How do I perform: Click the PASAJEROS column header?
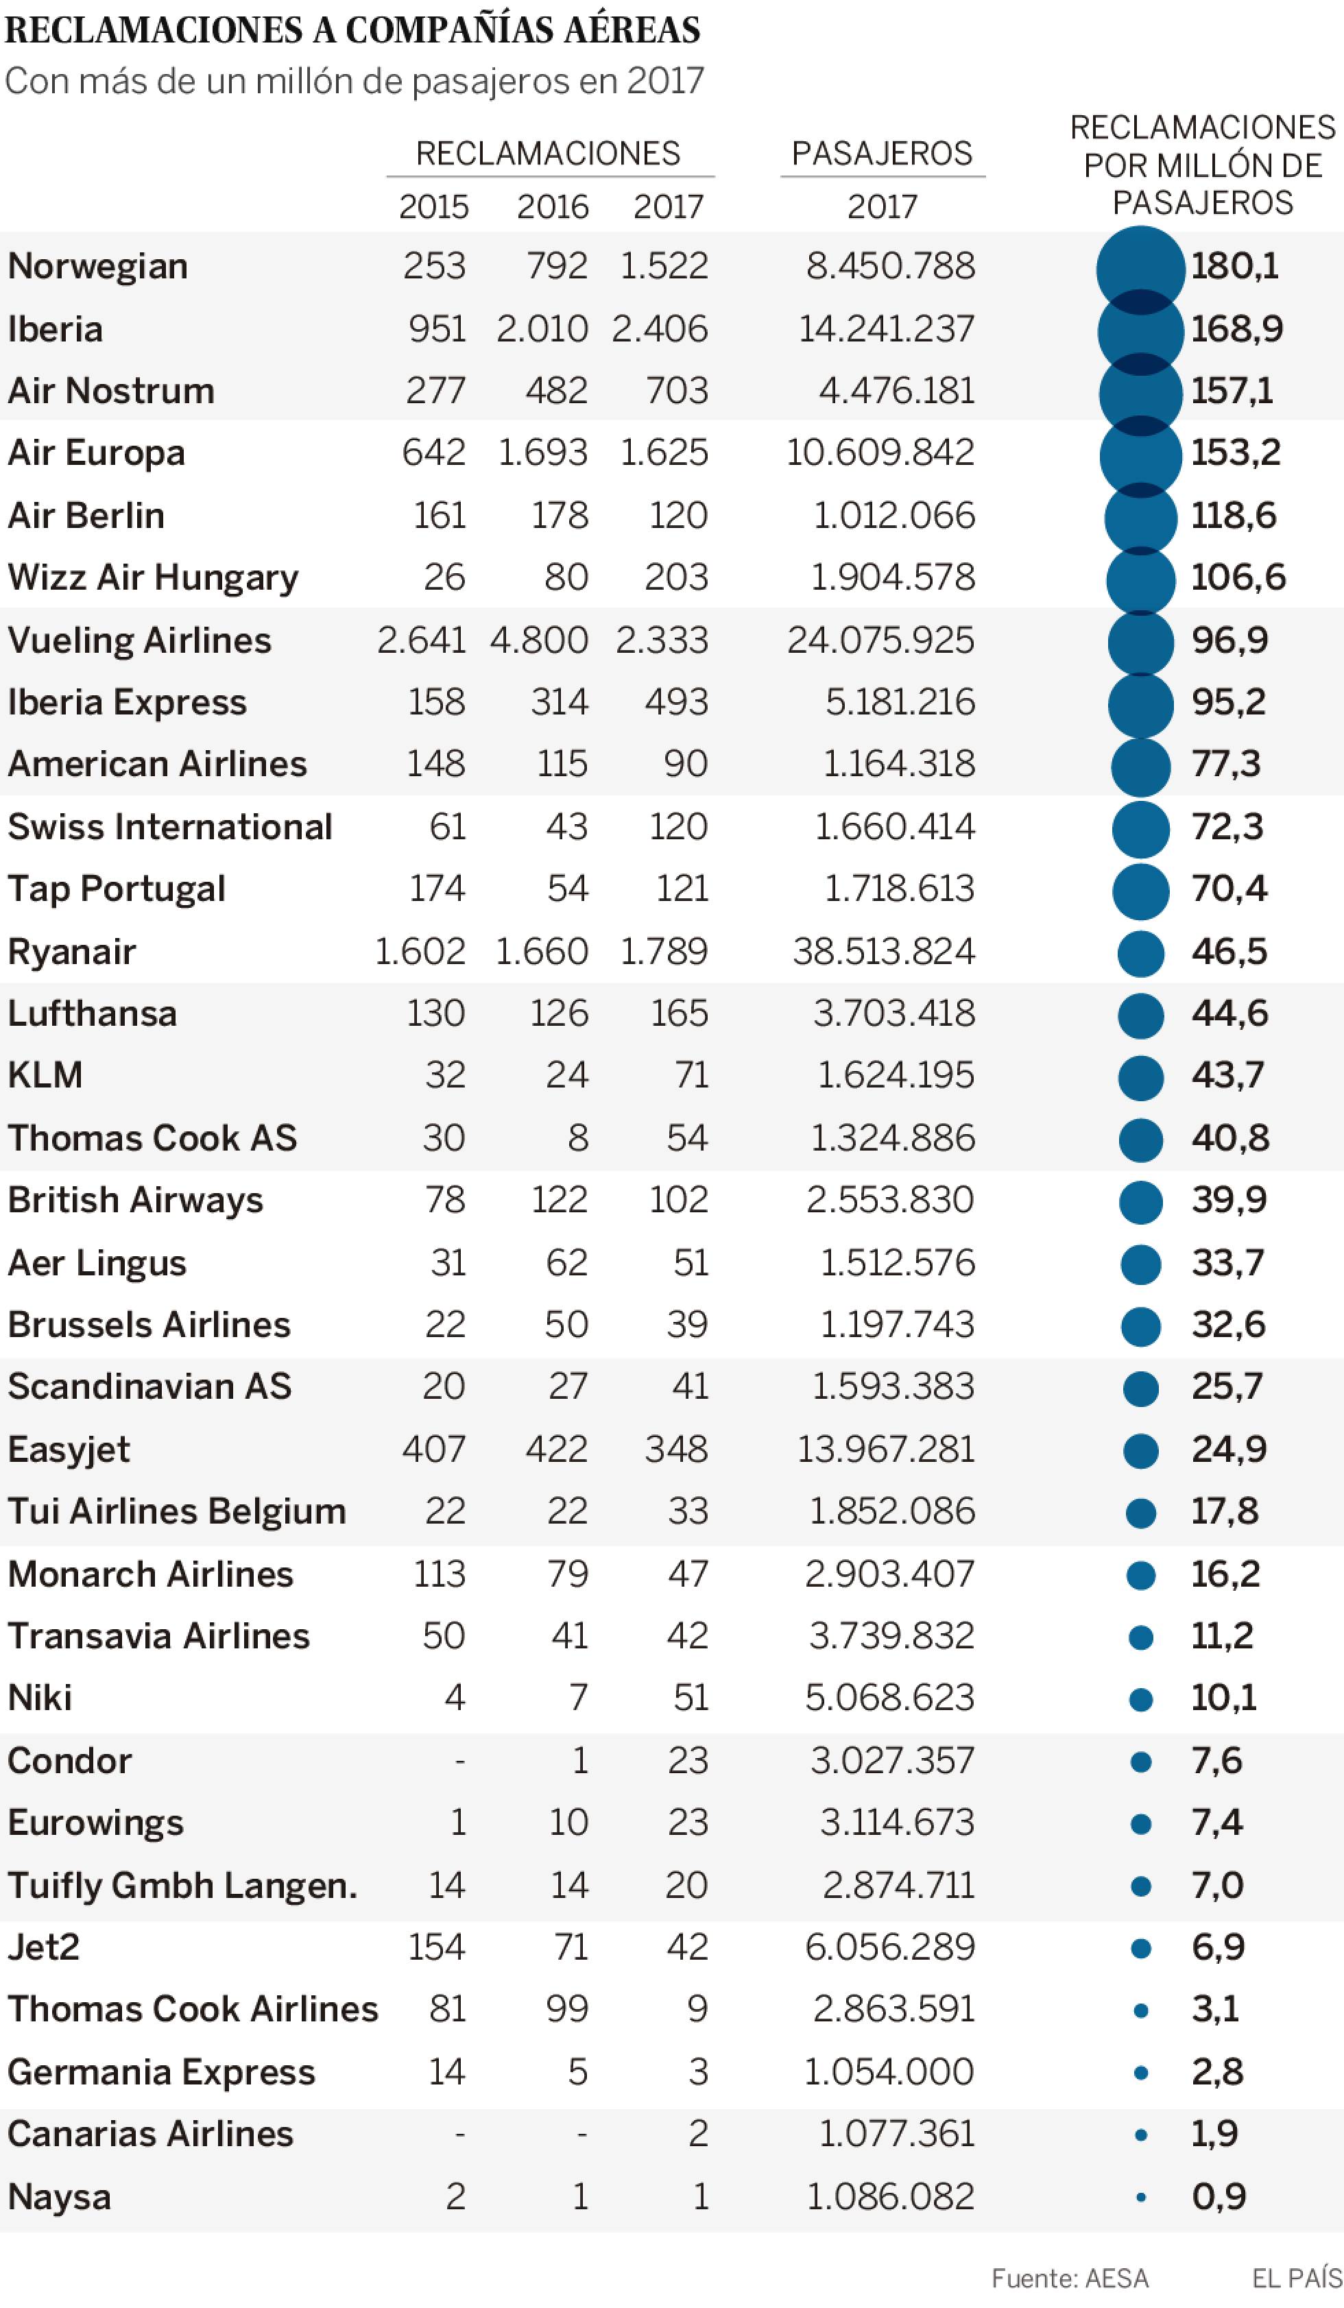point(881,153)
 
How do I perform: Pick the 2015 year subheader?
point(433,207)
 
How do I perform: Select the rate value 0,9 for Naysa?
point(1219,2197)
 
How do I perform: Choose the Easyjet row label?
point(69,1450)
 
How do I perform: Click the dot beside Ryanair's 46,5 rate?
point(1140,953)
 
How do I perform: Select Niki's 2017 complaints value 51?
point(690,1698)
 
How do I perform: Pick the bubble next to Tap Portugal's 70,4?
point(1140,891)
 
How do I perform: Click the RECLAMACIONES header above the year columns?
point(548,153)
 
